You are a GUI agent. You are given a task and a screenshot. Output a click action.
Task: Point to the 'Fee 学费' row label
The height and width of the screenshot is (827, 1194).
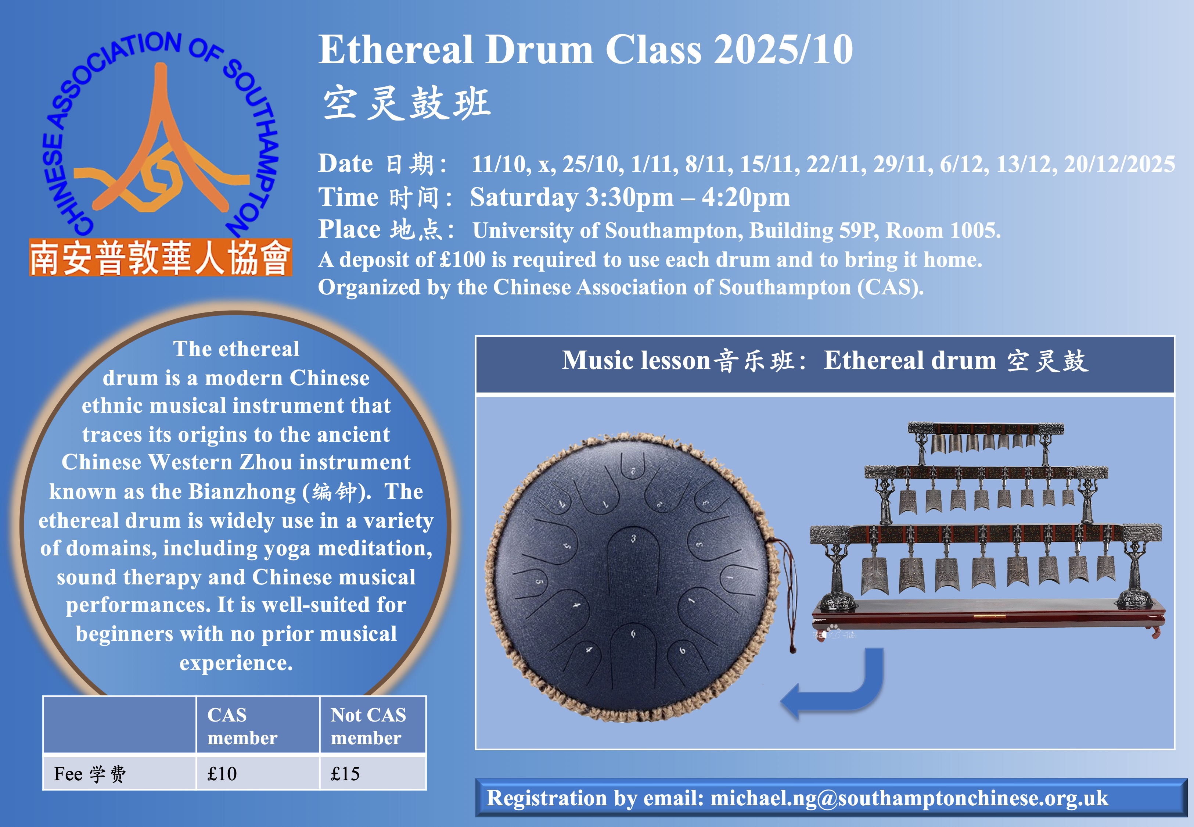(x=90, y=774)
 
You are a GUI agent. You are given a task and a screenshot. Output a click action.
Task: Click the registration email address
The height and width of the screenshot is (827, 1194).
(x=909, y=798)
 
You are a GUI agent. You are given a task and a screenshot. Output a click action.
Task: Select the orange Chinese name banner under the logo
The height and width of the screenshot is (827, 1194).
(x=161, y=258)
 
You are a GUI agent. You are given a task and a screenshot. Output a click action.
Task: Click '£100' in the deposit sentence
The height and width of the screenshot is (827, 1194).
(x=463, y=259)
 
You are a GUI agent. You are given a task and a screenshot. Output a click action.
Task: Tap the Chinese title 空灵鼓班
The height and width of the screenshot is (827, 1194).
(x=407, y=103)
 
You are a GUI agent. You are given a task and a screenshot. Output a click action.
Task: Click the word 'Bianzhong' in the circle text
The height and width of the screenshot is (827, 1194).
(x=242, y=491)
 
